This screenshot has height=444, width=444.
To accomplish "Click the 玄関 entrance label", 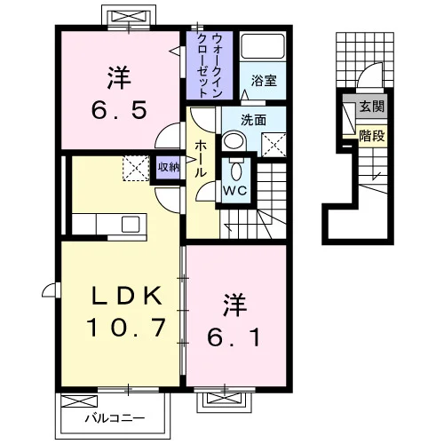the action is (372, 107).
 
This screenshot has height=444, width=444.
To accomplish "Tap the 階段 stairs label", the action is (372, 136).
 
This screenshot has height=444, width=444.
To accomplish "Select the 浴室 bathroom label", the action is (264, 81).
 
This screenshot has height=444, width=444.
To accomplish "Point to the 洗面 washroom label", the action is (253, 120).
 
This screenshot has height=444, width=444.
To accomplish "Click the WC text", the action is (235, 191).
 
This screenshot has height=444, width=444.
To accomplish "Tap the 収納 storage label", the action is (169, 167).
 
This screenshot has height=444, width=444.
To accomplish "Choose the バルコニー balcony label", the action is (115, 418).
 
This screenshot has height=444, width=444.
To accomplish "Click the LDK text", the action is (127, 296).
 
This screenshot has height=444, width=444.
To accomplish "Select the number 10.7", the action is (125, 328).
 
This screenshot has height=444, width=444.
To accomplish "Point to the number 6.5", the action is (119, 110).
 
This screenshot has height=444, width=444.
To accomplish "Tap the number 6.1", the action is (234, 337).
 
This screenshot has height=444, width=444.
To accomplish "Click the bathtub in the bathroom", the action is (263, 46).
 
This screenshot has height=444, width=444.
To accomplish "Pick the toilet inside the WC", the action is (236, 170).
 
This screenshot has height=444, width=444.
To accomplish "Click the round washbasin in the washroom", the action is (234, 141).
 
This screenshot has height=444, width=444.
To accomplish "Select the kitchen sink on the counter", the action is (131, 224).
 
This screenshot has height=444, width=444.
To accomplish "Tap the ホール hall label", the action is (200, 159).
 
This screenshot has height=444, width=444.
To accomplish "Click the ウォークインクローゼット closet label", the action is (210, 66).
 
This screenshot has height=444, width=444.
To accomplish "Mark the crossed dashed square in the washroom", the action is (274, 145).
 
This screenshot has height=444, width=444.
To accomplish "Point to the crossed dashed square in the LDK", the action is (136, 168).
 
